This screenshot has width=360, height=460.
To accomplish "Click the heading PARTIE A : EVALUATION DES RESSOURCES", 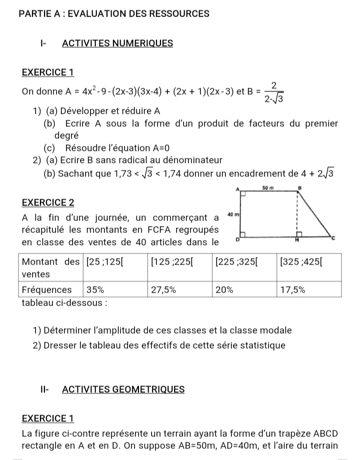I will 113,14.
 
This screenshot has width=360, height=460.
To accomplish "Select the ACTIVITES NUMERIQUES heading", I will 117,44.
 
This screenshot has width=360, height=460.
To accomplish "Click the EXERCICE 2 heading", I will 48,203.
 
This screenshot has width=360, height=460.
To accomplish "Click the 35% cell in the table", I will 95,290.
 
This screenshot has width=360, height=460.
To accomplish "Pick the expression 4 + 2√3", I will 318,174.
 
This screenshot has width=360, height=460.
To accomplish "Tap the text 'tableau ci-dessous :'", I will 65,302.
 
